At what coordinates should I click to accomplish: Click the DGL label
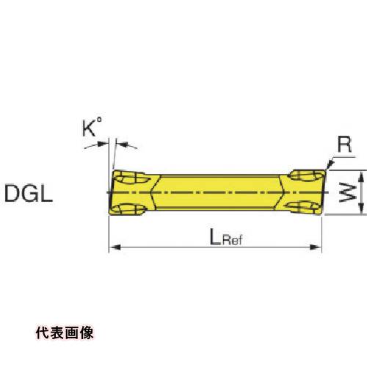[x=29, y=193]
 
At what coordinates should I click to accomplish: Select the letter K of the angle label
[x=89, y=128]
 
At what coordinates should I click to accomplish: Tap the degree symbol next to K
[x=98, y=120]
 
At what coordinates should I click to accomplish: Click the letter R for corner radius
[x=344, y=144]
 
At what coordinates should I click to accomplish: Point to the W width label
[x=348, y=193]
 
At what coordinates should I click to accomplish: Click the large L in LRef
[x=215, y=237]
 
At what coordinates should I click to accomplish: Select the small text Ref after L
[x=232, y=239]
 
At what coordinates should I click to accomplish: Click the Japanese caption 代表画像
[x=65, y=333]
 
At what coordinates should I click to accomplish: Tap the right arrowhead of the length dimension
[x=315, y=247]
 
